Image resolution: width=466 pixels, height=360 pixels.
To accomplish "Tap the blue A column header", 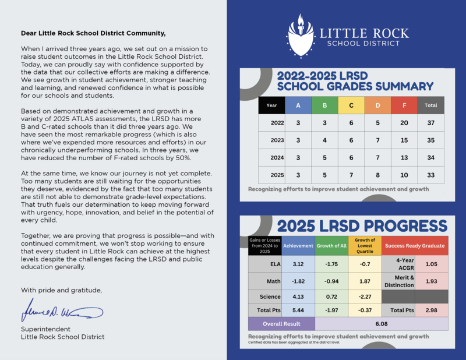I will pyautogui.click(x=298, y=105).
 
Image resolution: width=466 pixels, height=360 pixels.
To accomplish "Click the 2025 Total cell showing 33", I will pyautogui.click(x=431, y=175).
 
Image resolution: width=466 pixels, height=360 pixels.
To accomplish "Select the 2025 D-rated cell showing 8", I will pyautogui.click(x=377, y=175).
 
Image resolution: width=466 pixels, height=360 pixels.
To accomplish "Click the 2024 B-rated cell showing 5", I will pyautogui.click(x=324, y=158).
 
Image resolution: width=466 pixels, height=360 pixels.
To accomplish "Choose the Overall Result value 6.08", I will pyautogui.click(x=382, y=324).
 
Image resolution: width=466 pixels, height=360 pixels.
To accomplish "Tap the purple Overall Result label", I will pyautogui.click(x=281, y=324).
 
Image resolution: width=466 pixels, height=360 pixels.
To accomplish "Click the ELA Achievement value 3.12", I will pyautogui.click(x=298, y=264).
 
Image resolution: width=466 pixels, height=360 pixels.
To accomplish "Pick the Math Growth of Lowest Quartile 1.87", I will pyautogui.click(x=365, y=280).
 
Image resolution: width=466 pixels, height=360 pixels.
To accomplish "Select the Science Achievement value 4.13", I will pyautogui.click(x=298, y=297).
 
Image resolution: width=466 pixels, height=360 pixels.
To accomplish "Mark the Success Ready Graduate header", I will pyautogui.click(x=415, y=246).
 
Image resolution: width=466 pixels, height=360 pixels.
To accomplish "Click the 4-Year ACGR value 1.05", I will pyautogui.click(x=432, y=264).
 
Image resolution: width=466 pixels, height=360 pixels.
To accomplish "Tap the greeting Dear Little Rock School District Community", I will pyautogui.click(x=93, y=33).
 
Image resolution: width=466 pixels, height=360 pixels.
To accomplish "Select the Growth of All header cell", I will pyautogui.click(x=331, y=246).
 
